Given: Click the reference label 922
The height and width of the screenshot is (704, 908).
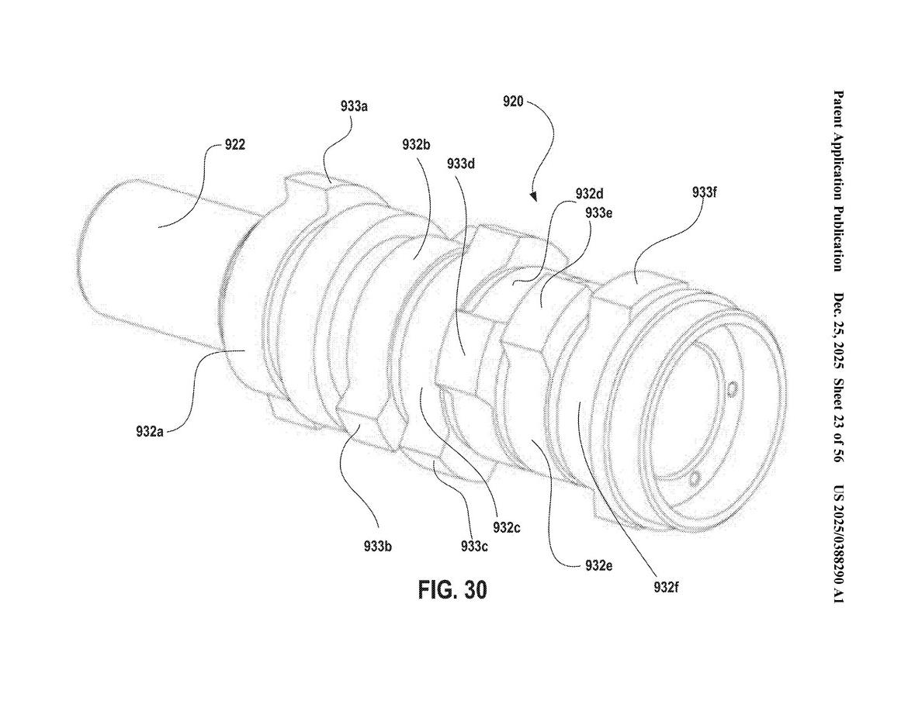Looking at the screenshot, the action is point(234,145).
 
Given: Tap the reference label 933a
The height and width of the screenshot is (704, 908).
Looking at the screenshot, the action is point(355,106).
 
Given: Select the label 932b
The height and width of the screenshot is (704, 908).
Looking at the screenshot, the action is point(416,144).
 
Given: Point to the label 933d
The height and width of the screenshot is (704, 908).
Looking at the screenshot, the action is point(461,164).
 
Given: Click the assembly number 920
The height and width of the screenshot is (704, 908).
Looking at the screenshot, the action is point(513,102).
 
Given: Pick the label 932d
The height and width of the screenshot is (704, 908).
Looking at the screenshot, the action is point(590,192).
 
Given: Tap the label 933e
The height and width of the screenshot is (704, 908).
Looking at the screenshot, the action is point(599,212).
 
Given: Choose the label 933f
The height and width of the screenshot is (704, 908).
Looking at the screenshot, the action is point(705,192).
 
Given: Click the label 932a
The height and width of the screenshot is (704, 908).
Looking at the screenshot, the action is point(150,431).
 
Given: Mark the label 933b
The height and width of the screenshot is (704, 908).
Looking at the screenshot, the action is point(378,546).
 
